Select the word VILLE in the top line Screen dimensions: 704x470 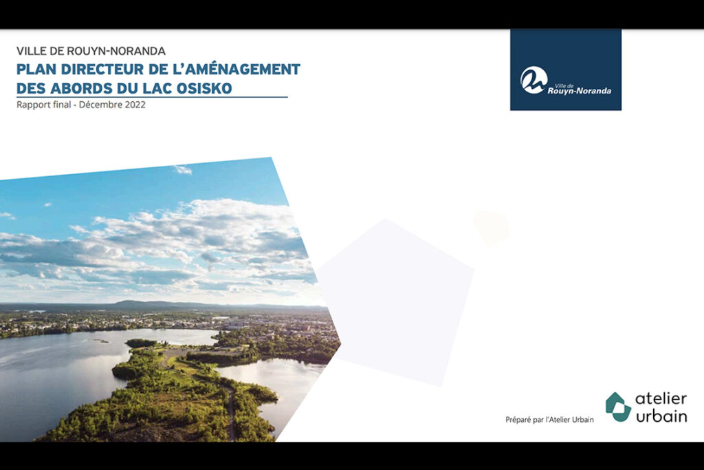pyautogui.click(x=30, y=51)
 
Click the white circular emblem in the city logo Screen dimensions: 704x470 pyautogui.click(x=533, y=80)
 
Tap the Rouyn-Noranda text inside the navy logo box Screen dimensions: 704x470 pyautogui.click(x=579, y=90)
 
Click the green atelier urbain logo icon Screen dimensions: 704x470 pyautogui.click(x=618, y=407)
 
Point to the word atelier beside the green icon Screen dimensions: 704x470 pyautogui.click(x=661, y=398)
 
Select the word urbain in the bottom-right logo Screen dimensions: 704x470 pyautogui.click(x=661, y=416)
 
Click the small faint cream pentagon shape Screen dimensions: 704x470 pyautogui.click(x=492, y=228)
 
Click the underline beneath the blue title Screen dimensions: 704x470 pyautogui.click(x=152, y=96)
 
